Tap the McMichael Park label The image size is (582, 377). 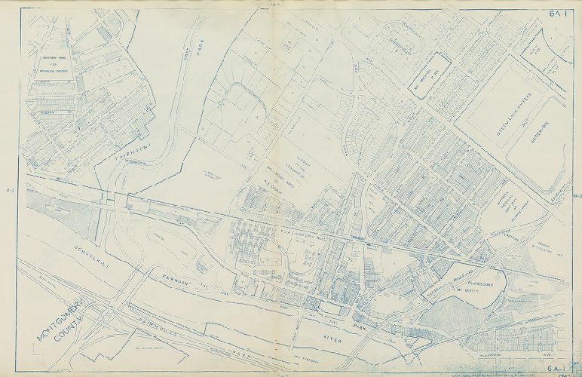point(426,78)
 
